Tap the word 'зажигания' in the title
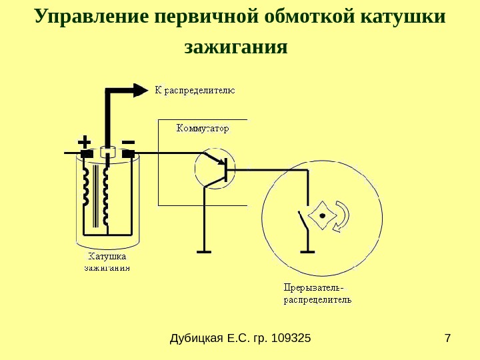click(x=235, y=48)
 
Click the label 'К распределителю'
click(x=195, y=89)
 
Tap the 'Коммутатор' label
click(x=202, y=128)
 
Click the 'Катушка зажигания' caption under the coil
click(x=107, y=262)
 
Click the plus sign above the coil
click(x=84, y=142)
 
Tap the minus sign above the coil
click(x=129, y=142)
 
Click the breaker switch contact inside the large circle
click(x=304, y=219)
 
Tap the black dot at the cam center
click(x=323, y=216)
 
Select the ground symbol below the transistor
click(x=204, y=252)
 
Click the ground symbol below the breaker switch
click(x=307, y=252)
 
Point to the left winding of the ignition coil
click(x=85, y=186)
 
